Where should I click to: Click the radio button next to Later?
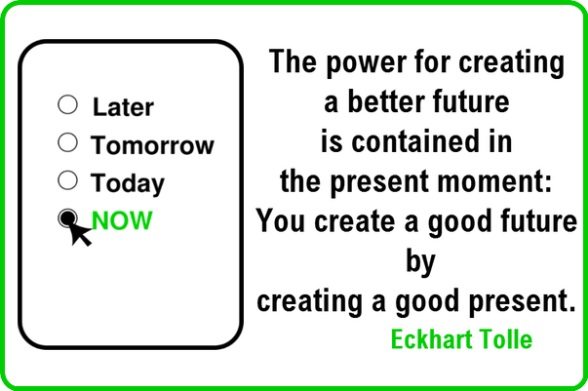click(x=68, y=104)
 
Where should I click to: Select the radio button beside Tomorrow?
click(x=68, y=142)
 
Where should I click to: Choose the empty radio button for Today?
click(x=68, y=180)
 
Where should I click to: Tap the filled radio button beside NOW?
click(x=68, y=217)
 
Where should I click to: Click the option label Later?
click(x=123, y=107)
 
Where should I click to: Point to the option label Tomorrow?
click(x=152, y=144)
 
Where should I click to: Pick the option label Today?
click(x=128, y=183)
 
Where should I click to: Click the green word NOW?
click(x=122, y=220)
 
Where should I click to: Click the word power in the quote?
click(x=366, y=62)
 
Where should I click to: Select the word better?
click(x=386, y=101)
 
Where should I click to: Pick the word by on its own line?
click(x=420, y=262)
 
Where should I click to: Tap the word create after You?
click(x=355, y=221)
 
